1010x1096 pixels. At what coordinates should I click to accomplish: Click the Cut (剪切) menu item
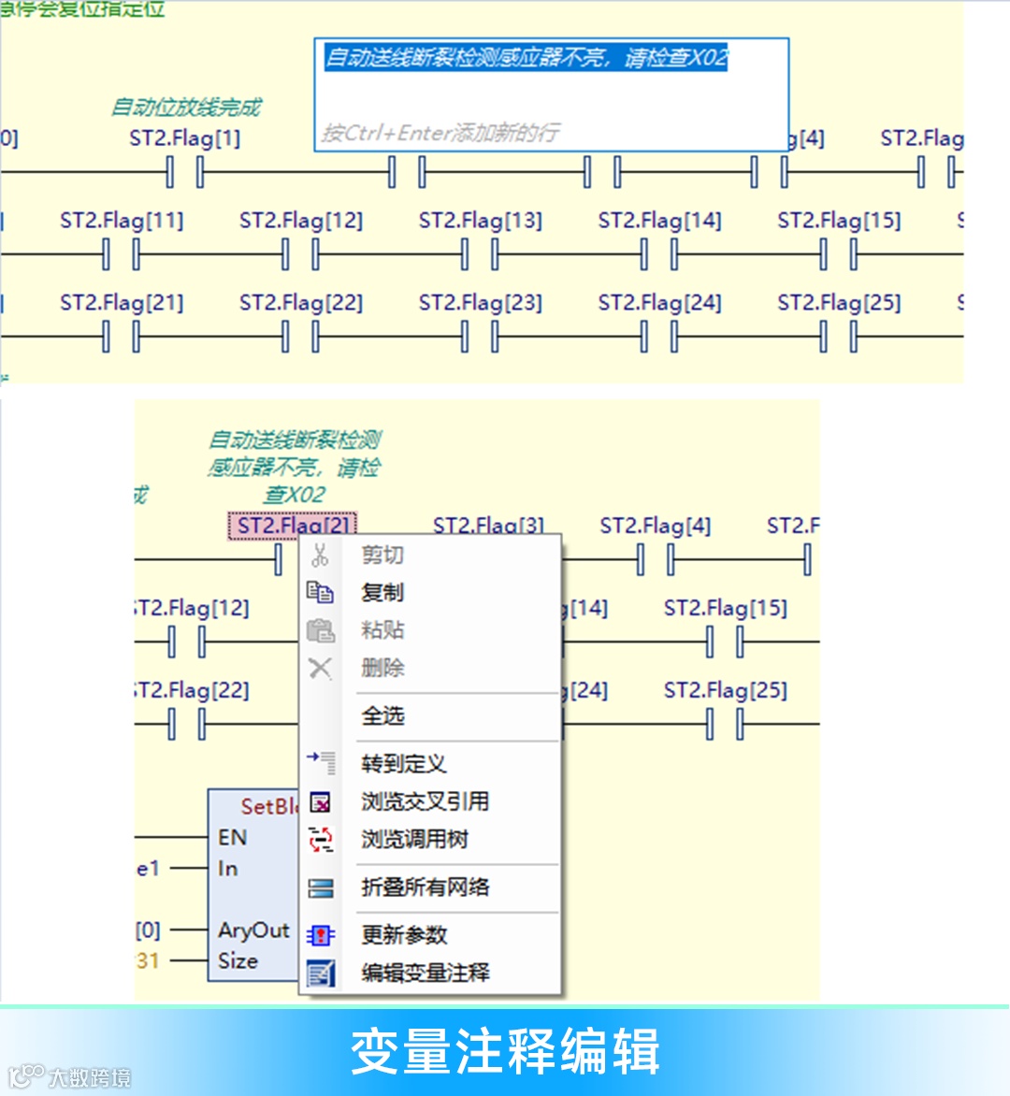click(382, 555)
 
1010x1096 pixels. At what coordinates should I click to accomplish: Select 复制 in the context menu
click(382, 593)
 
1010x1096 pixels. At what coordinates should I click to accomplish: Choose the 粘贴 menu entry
click(382, 630)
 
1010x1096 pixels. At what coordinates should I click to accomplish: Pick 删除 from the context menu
click(382, 668)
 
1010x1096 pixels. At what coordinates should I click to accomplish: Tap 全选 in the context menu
click(382, 716)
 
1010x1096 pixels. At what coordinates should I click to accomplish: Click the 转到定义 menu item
click(403, 764)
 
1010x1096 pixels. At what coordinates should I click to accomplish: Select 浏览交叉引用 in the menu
click(425, 801)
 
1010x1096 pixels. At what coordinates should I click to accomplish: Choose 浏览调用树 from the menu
click(414, 839)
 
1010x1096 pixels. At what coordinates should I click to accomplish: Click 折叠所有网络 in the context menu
click(425, 887)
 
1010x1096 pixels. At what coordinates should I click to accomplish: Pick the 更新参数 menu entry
click(404, 934)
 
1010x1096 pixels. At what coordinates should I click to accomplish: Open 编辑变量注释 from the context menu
click(425, 973)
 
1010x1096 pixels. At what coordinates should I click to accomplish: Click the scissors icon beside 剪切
click(320, 555)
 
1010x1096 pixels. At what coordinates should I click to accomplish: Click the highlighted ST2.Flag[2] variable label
click(292, 526)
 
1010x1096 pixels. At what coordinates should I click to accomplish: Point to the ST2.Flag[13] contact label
click(480, 221)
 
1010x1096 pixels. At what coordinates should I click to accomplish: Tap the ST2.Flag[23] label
click(480, 303)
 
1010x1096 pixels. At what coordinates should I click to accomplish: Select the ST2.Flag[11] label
click(122, 221)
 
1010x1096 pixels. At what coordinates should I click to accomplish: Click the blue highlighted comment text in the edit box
click(526, 58)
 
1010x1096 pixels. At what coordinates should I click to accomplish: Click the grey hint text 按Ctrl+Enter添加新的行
click(440, 133)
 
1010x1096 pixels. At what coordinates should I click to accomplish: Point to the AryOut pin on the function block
click(253, 930)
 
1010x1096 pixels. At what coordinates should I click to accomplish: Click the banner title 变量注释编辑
click(505, 1050)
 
